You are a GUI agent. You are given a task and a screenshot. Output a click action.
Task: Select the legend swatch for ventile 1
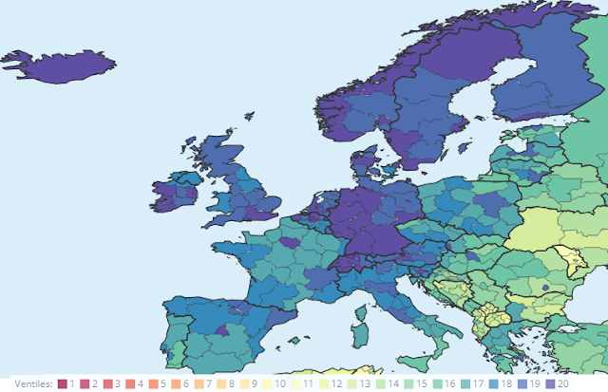(63, 383)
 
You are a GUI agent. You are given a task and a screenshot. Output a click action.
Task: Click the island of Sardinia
(359, 342)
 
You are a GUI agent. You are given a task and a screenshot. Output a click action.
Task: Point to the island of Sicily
(415, 365)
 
